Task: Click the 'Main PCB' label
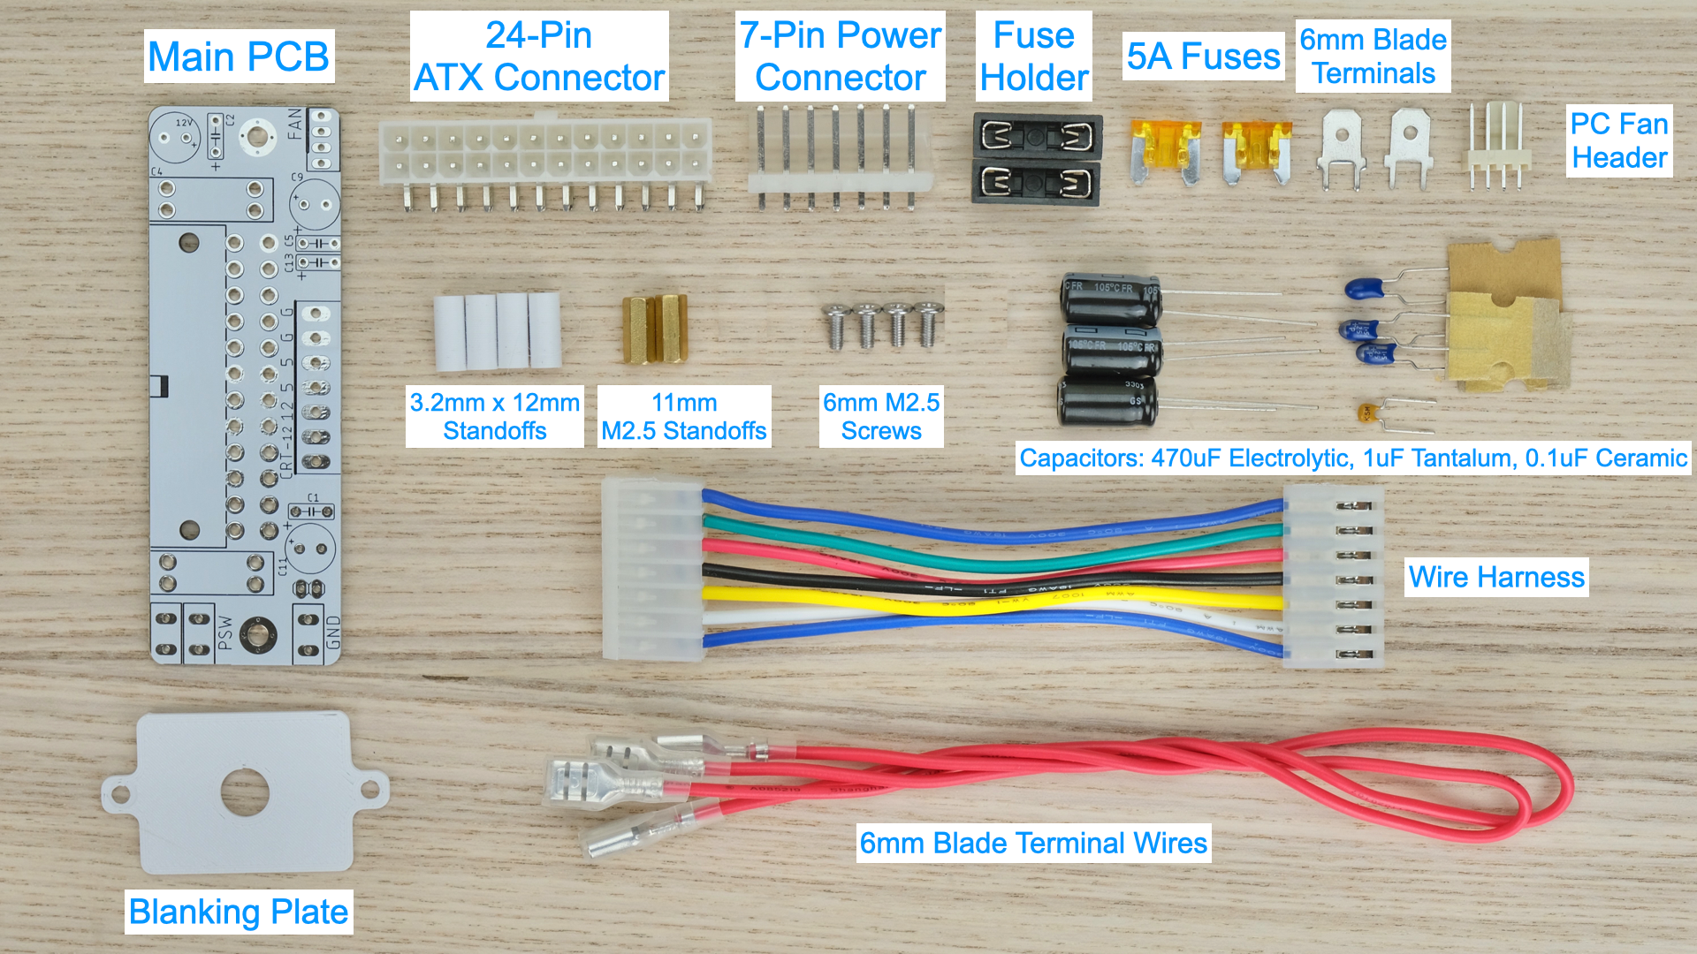click(239, 57)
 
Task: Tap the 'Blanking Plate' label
click(239, 912)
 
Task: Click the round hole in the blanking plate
click(245, 791)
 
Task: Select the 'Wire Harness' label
click(1496, 577)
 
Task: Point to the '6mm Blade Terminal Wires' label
click(1033, 843)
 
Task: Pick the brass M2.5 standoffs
click(655, 329)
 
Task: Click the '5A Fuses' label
click(1203, 57)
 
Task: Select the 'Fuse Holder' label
click(1034, 57)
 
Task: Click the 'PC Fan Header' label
click(1619, 140)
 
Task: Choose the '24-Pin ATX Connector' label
click(539, 57)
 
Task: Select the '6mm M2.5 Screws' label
click(881, 416)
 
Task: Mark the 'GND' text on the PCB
click(333, 632)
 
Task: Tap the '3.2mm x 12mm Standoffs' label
click(495, 416)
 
